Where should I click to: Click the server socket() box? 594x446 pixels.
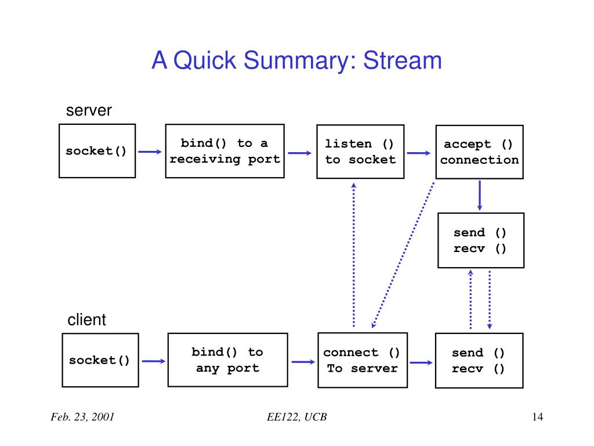pyautogui.click(x=97, y=151)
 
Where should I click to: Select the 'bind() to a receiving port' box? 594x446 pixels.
pyautogui.click(x=224, y=151)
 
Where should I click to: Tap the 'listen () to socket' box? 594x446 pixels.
pyautogui.click(x=360, y=152)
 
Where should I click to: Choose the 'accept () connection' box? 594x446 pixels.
pyautogui.click(x=479, y=152)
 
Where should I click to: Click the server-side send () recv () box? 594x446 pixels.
pyautogui.click(x=481, y=240)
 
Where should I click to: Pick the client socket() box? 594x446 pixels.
pyautogui.click(x=100, y=360)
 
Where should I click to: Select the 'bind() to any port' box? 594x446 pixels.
pyautogui.click(x=227, y=360)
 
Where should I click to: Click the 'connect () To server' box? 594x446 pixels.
pyautogui.click(x=363, y=360)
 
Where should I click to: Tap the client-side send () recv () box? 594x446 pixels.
pyautogui.click(x=479, y=361)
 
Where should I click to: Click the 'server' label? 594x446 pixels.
pyautogui.click(x=89, y=110)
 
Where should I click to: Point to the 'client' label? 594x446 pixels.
pyautogui.click(x=87, y=320)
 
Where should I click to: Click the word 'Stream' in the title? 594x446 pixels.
pyautogui.click(x=403, y=60)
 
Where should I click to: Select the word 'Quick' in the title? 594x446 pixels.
pyautogui.click(x=205, y=60)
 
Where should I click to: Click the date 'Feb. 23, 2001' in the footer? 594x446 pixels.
pyautogui.click(x=82, y=417)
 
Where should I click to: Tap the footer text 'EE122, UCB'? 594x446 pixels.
pyautogui.click(x=296, y=417)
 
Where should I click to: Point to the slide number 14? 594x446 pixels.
pyautogui.click(x=538, y=417)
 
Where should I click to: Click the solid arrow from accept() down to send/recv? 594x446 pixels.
pyautogui.click(x=480, y=196)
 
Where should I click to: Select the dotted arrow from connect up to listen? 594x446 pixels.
pyautogui.click(x=354, y=255)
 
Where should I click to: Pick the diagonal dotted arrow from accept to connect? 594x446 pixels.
pyautogui.click(x=403, y=255)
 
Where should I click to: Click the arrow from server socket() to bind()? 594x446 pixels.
pyautogui.click(x=150, y=152)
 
